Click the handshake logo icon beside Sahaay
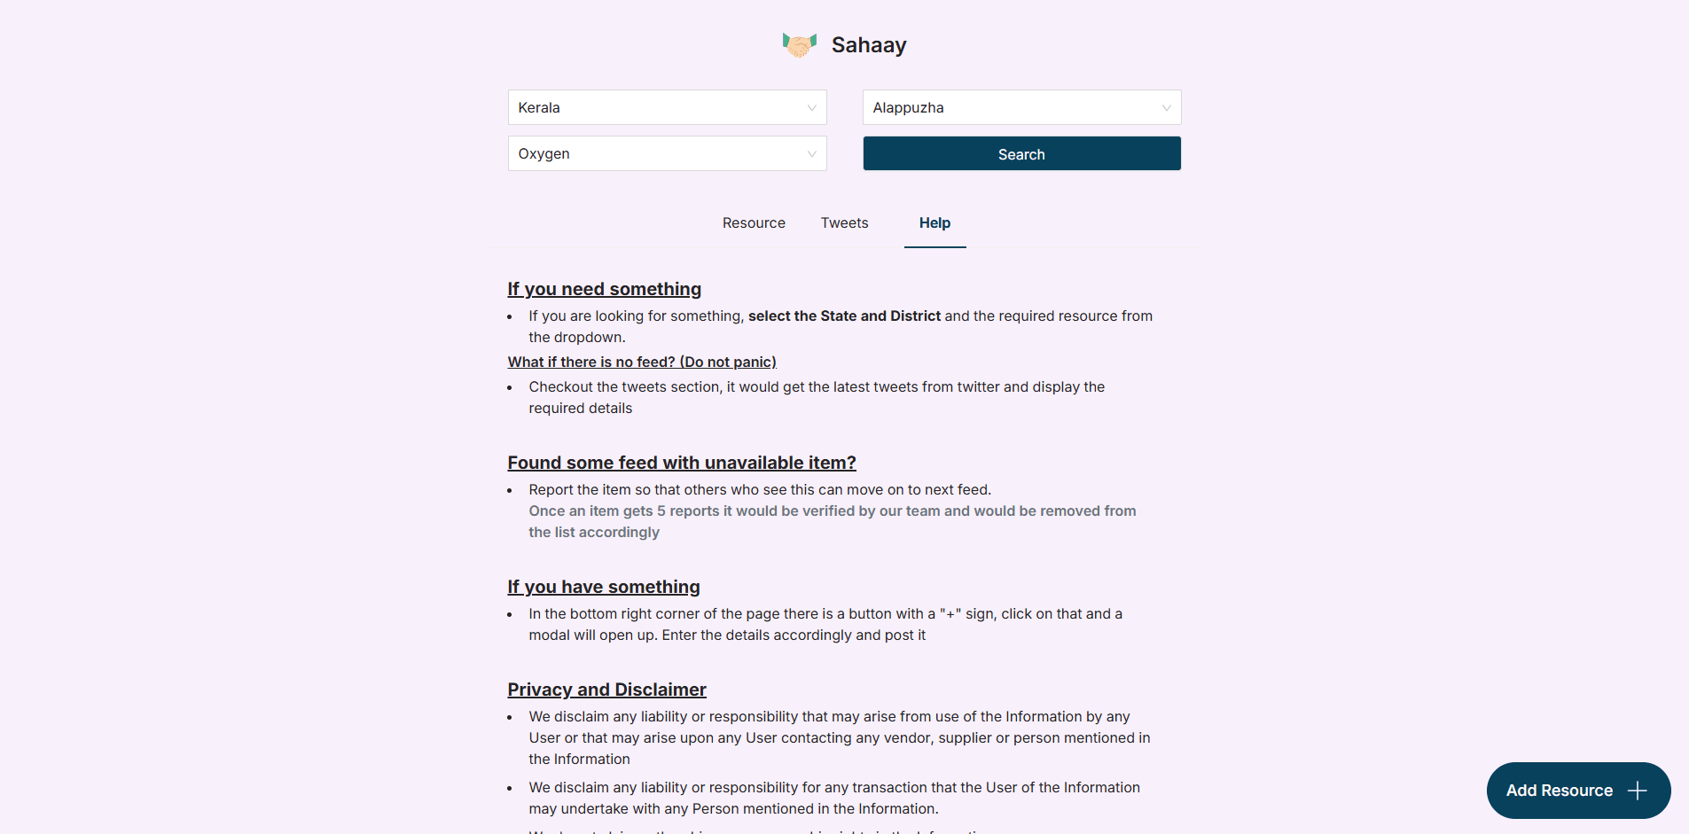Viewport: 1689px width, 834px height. (799, 44)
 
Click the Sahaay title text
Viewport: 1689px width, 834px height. (868, 45)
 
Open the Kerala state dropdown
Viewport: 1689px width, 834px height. (667, 107)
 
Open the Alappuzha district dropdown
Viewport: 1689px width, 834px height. (1021, 107)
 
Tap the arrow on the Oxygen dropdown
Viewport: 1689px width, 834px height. (811, 154)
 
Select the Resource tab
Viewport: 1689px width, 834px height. (754, 223)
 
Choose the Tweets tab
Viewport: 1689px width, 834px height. (844, 223)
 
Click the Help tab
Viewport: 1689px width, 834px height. (934, 223)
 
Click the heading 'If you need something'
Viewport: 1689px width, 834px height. (604, 289)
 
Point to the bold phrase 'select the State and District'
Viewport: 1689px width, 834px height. (844, 316)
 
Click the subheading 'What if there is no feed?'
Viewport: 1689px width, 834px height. (642, 362)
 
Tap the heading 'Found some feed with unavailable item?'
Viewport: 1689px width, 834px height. (681, 463)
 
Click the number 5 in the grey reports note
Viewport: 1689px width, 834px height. (661, 511)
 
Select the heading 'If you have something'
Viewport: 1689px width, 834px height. (603, 587)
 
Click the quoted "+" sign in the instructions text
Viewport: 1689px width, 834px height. (950, 614)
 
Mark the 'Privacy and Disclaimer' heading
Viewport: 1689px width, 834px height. (606, 690)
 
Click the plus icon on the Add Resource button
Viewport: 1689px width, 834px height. (1637, 791)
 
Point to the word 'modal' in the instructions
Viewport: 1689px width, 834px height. (549, 635)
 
